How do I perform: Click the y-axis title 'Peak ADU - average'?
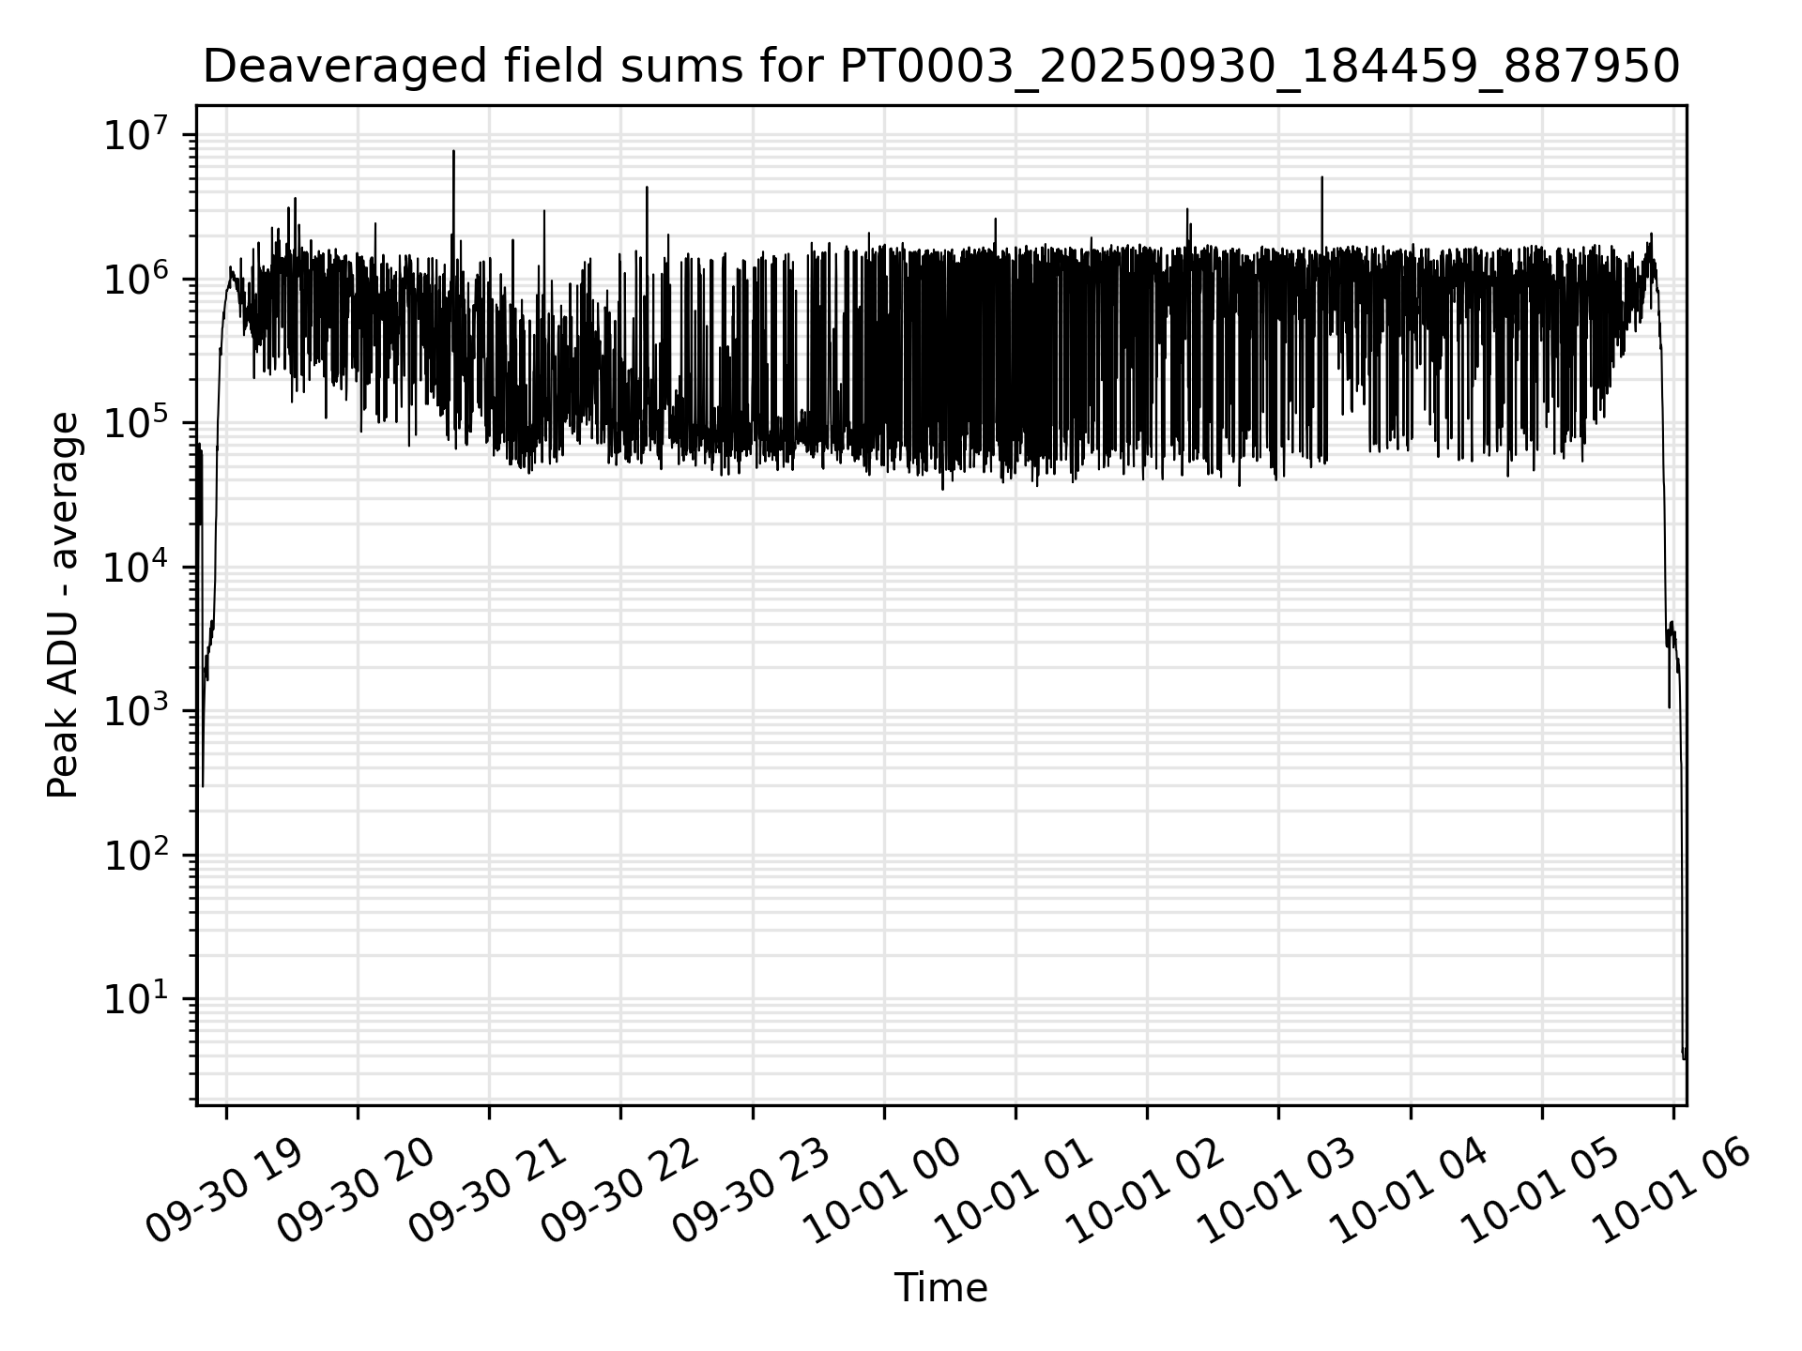(x=63, y=605)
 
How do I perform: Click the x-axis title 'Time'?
(x=940, y=1288)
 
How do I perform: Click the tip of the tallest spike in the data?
(x=453, y=151)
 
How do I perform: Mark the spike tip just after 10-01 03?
(x=1321, y=177)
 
